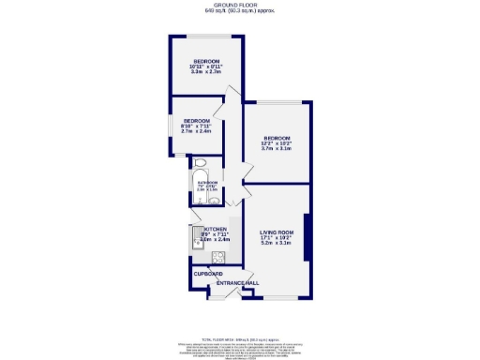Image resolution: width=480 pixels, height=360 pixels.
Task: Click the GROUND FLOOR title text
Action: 240,5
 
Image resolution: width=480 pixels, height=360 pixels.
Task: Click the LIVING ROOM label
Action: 277,232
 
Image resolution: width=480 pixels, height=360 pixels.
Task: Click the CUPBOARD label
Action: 207,274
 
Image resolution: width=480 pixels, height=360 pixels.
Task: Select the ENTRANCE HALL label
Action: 238,283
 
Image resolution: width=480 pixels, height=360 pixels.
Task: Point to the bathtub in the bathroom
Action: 193,187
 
